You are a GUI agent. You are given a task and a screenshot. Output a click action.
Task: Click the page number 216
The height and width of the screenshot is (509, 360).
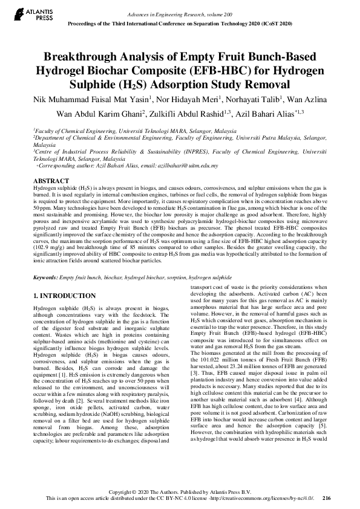pyautogui.click(x=327, y=498)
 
